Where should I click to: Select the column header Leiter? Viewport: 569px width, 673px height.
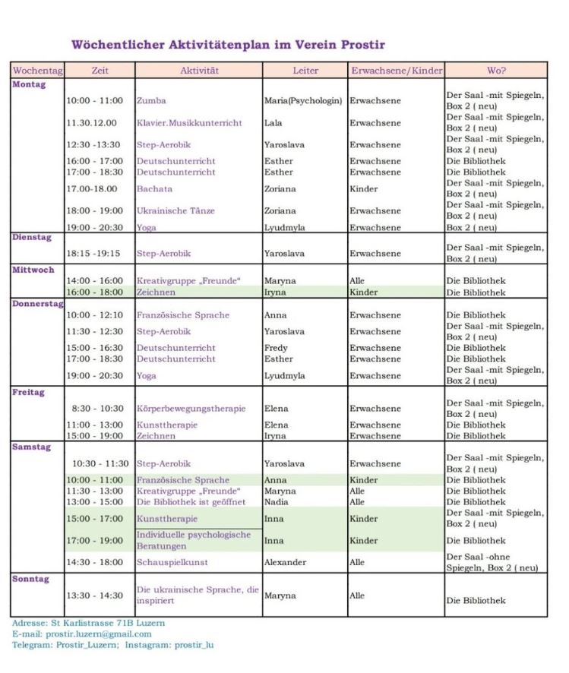[305, 71]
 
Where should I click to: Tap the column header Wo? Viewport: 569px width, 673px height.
[496, 71]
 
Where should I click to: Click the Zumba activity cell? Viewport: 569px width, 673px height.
[151, 101]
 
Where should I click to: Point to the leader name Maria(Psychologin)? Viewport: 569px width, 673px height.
[303, 101]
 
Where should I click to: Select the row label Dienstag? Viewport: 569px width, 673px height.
[32, 238]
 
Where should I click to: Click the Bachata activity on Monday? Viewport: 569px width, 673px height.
[154, 189]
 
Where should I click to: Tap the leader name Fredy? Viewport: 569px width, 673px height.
[276, 348]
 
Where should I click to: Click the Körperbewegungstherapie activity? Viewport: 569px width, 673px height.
[191, 409]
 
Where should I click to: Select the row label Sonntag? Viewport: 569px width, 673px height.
[31, 579]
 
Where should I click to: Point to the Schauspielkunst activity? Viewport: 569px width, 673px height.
[172, 563]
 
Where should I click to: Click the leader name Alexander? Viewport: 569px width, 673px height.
[285, 563]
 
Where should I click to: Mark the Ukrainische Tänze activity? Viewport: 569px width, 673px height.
[175, 211]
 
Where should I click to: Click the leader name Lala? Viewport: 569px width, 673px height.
[273, 123]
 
